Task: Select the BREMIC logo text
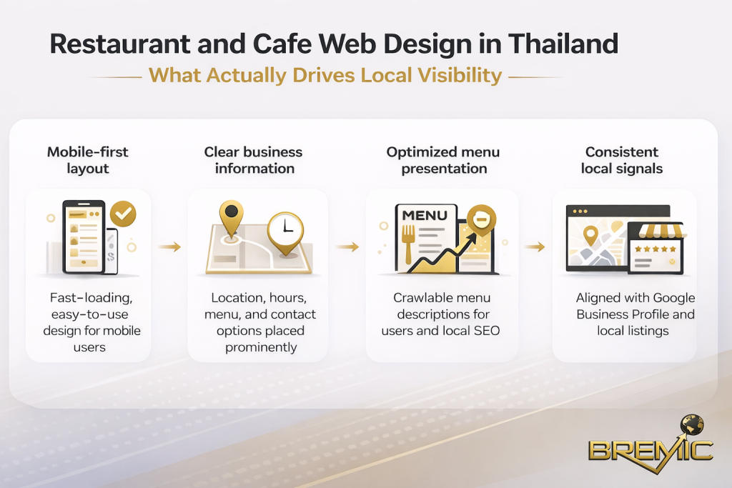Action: coord(651,451)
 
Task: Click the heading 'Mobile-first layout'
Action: coord(88,160)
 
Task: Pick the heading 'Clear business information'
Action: coord(254,160)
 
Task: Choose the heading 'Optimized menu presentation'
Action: coord(443,160)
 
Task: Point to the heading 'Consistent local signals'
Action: coord(621,160)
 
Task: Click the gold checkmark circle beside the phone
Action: coord(124,212)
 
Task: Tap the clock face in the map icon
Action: coord(285,228)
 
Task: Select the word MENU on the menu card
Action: coord(425,215)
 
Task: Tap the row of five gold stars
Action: coord(655,249)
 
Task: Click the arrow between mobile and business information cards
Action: coord(169,247)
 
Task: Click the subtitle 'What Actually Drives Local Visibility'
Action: coord(325,76)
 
